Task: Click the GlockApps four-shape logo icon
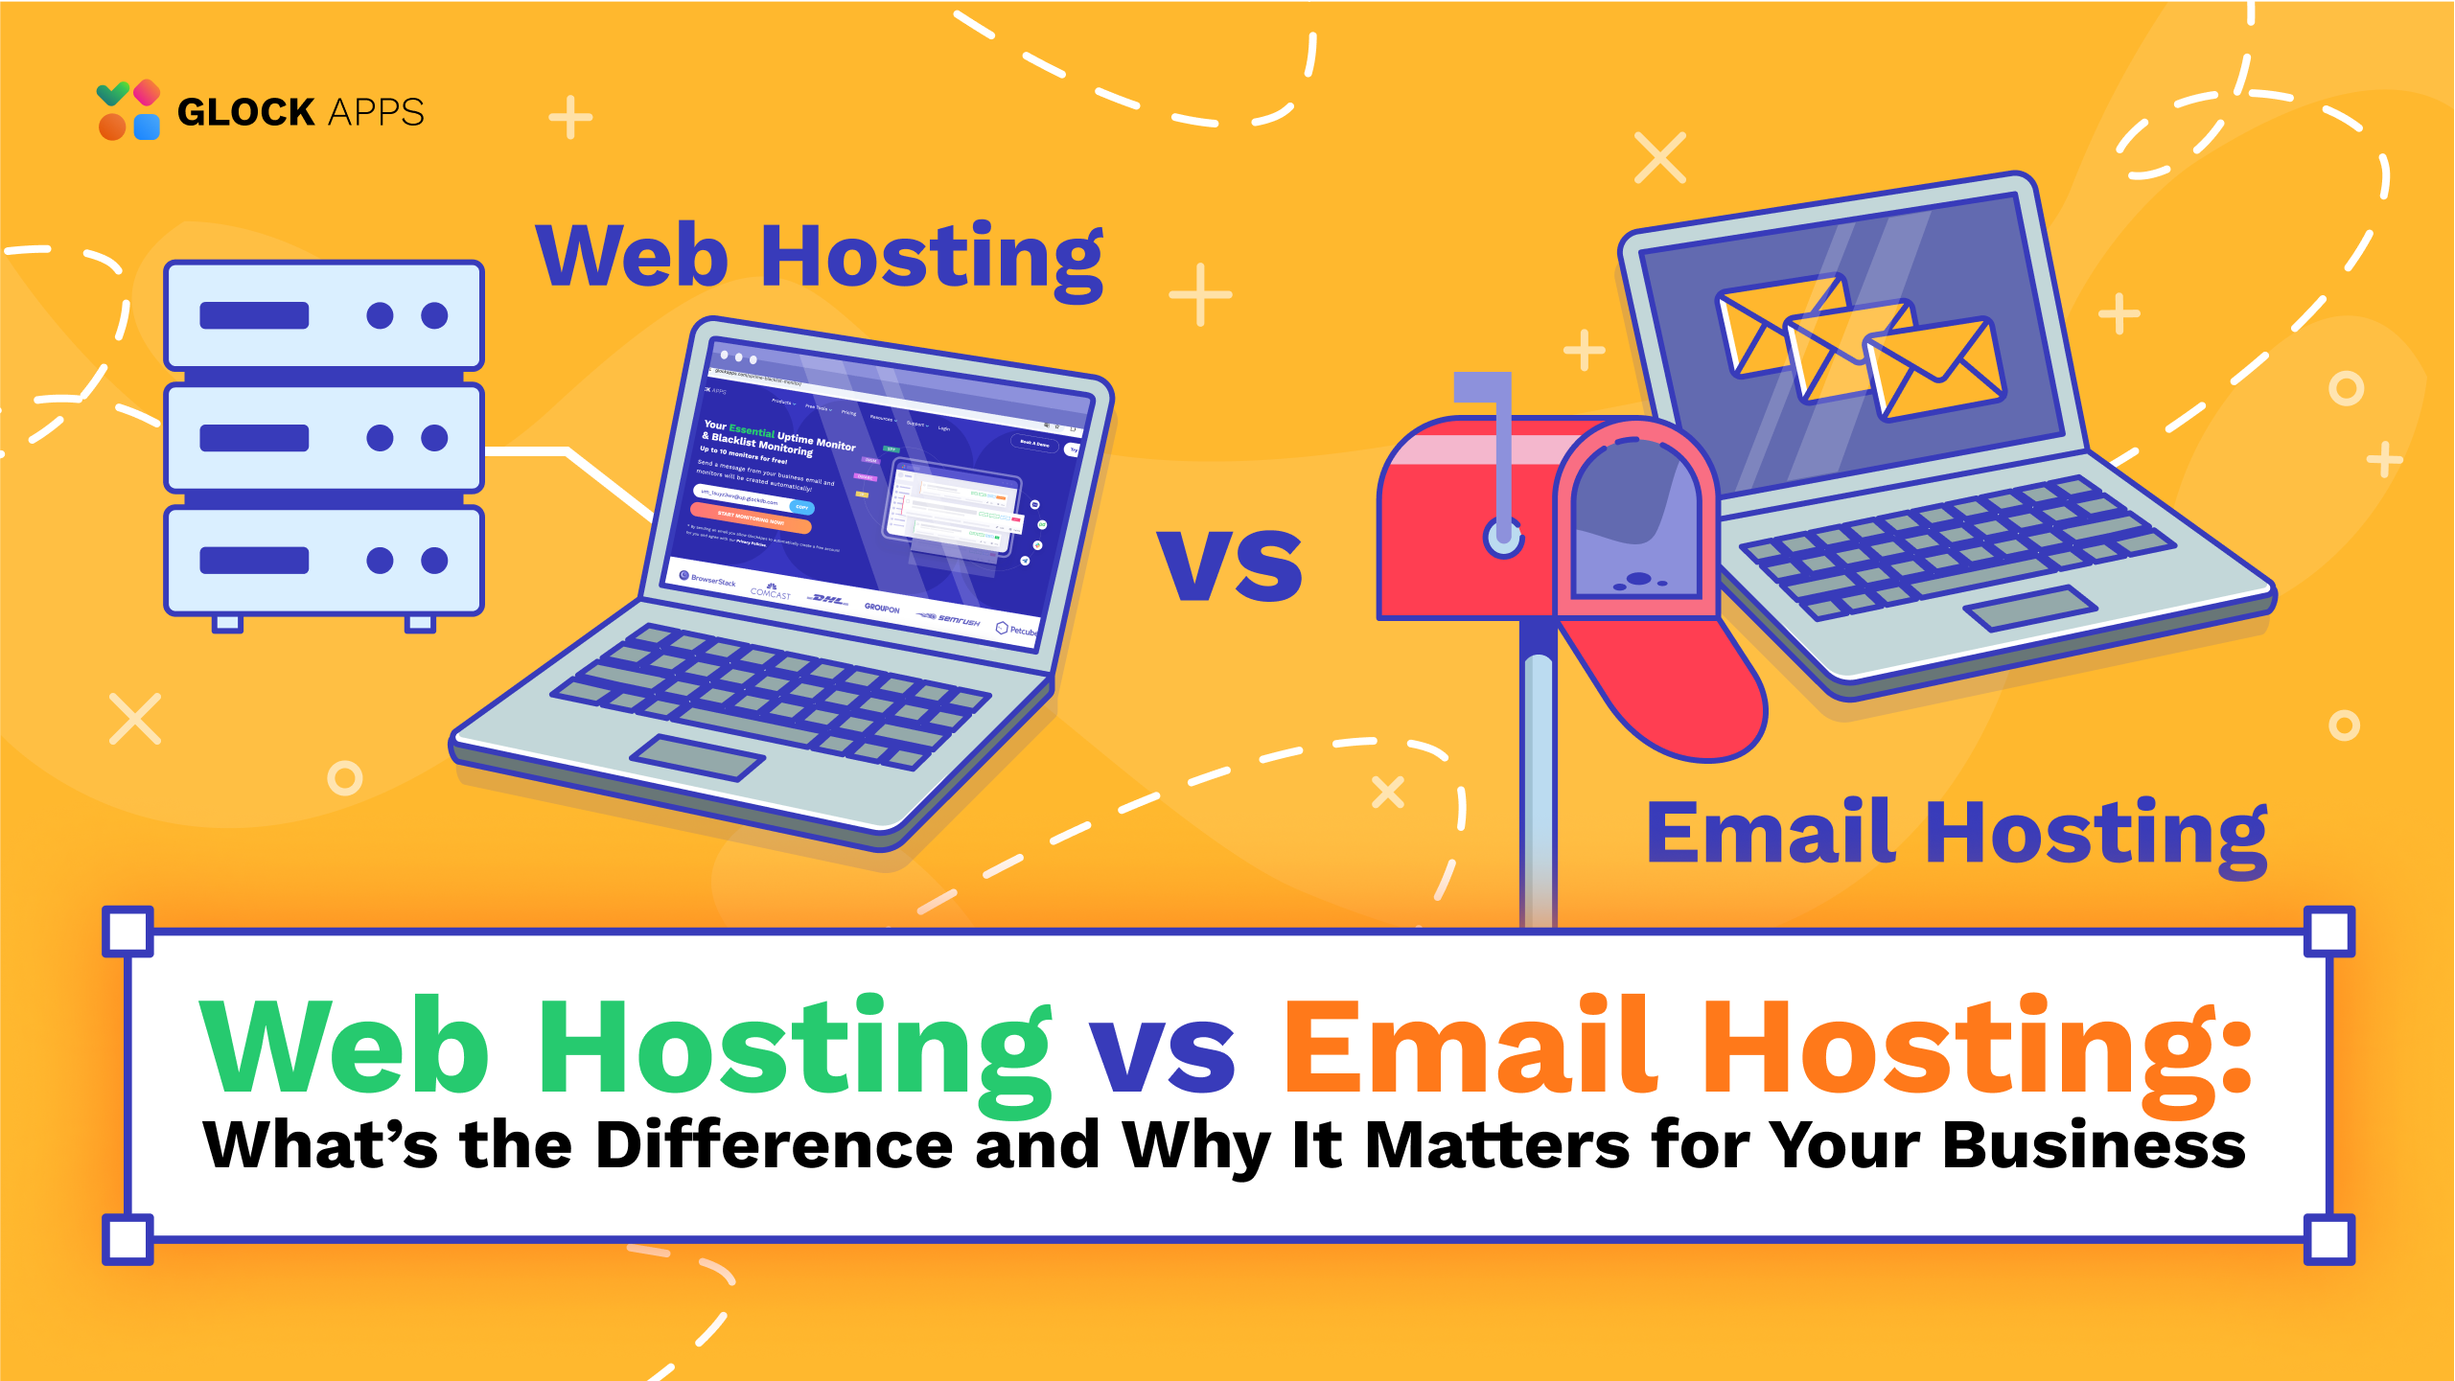128,110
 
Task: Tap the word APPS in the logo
376,112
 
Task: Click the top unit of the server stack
324,315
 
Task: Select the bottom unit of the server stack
324,561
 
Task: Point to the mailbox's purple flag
1482,387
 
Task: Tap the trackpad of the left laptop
697,757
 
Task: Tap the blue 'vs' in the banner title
1162,1054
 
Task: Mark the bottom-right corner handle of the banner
2329,1239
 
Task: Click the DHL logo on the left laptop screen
827,600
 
